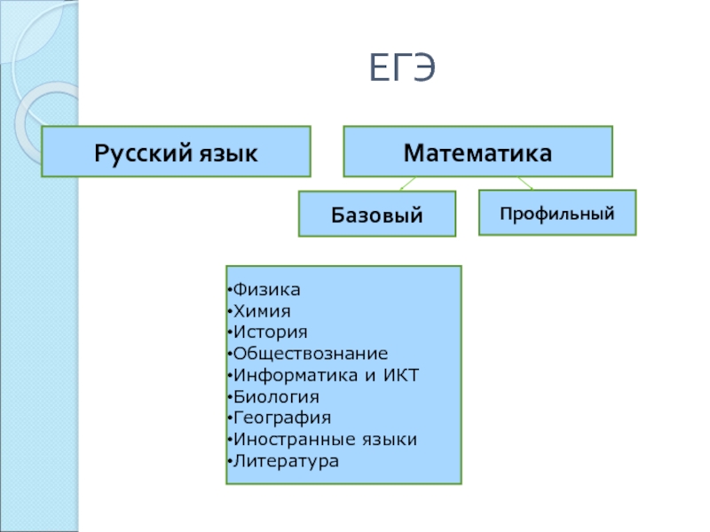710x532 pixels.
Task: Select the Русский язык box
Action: coord(177,151)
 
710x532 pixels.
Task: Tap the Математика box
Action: coord(478,151)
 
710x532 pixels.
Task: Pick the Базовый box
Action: coord(376,214)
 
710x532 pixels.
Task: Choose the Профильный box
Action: coord(557,213)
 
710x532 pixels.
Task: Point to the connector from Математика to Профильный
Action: coord(525,183)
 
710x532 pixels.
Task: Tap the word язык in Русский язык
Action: coord(227,152)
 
